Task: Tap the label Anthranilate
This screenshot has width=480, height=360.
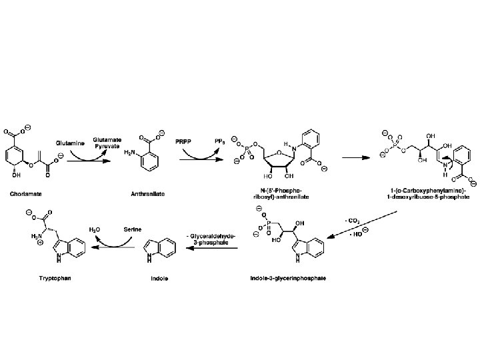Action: pos(147,195)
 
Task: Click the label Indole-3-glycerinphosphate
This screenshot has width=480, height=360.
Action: pos(289,277)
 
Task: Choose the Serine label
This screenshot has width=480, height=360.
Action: pos(131,229)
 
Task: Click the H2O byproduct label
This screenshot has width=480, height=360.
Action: pos(95,229)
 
